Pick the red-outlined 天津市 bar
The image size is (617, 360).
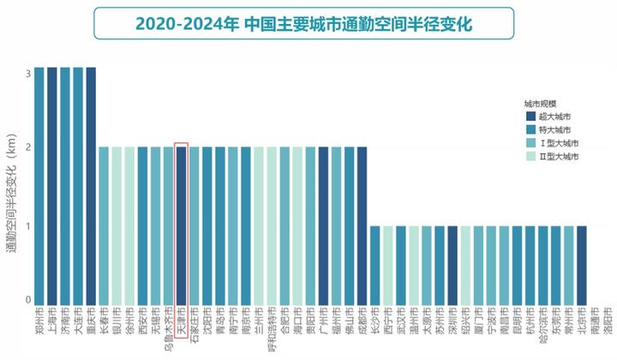(181, 223)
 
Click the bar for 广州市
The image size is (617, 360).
(323, 223)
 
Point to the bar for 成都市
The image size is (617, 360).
(362, 223)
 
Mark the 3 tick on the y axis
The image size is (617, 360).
(27, 73)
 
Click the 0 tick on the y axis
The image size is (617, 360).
(27, 300)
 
